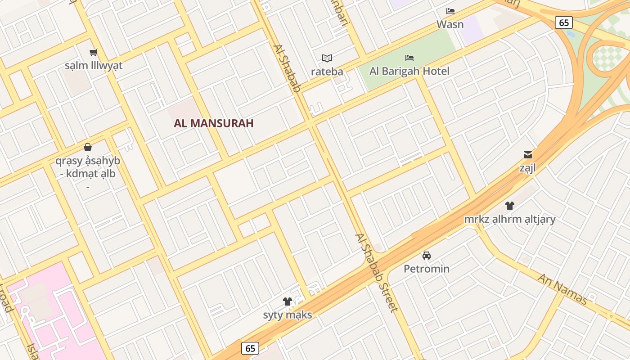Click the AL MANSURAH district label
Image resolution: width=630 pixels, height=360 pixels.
[214, 123]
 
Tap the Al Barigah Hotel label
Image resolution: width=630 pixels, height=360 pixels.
[409, 71]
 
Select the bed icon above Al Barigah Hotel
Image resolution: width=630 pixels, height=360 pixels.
[409, 58]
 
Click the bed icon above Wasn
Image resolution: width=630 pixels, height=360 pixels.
[450, 11]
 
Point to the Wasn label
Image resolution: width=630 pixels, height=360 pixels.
[450, 24]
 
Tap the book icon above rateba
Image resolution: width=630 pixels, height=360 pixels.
[327, 58]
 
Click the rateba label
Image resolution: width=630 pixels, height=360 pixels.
[327, 72]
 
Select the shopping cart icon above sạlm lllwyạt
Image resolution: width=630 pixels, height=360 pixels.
[94, 53]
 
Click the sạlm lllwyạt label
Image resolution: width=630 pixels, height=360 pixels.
[94, 66]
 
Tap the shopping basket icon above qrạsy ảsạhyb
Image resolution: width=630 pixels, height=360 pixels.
[88, 147]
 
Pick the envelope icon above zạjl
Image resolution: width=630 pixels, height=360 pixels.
[528, 155]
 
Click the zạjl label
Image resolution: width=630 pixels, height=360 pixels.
[528, 168]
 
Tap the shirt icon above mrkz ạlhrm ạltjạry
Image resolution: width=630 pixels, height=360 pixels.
[509, 206]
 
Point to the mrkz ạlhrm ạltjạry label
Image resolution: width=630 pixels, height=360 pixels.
[510, 219]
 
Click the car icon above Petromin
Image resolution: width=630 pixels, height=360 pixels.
[427, 256]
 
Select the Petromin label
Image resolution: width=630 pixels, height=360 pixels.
[427, 269]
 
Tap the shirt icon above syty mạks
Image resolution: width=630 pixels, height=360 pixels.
[288, 301]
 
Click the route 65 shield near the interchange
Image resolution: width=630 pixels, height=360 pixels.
[563, 22]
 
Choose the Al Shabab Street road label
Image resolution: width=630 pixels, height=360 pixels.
[377, 273]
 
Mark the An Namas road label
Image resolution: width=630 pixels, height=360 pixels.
[562, 289]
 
